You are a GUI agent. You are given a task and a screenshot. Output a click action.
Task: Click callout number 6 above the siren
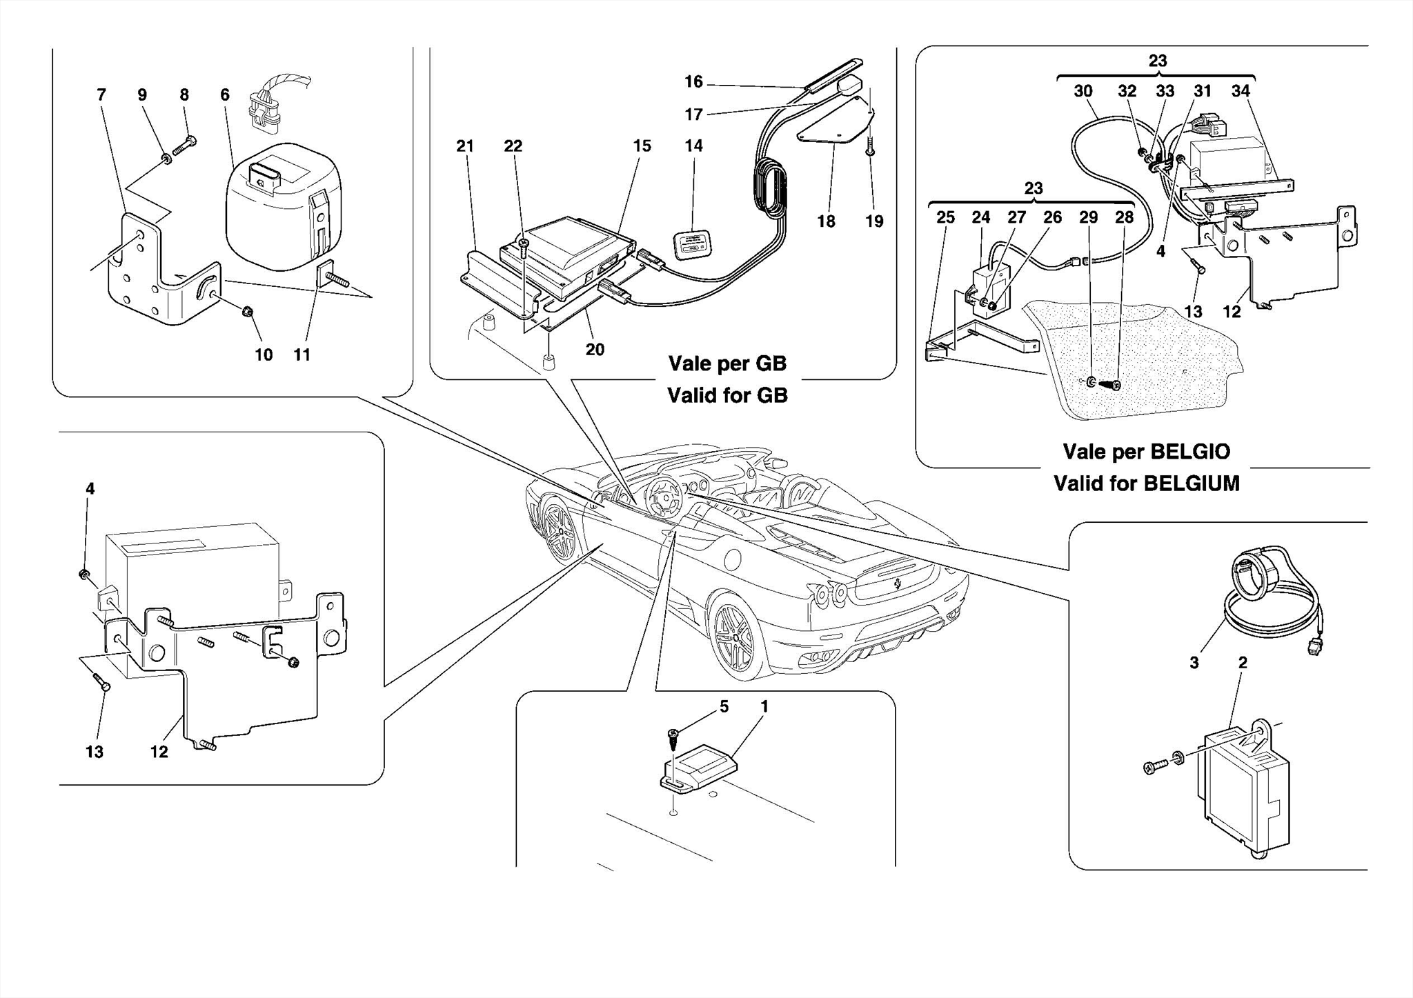[x=225, y=95]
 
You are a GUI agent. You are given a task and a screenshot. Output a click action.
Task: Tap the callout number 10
[x=264, y=355]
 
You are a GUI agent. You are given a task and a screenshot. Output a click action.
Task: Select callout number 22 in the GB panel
[x=513, y=146]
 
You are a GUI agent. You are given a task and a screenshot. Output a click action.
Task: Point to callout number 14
[x=693, y=146]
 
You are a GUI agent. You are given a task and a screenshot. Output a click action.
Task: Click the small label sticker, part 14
[x=692, y=245]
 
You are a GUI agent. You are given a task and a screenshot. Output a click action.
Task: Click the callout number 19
[x=874, y=221]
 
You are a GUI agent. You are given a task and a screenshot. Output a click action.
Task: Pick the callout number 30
[x=1083, y=91]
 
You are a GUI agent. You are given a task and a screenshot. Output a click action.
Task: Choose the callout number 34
[x=1241, y=91]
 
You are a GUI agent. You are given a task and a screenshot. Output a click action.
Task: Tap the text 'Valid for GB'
[x=727, y=395]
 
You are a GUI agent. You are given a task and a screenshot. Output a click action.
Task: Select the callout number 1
[x=764, y=706]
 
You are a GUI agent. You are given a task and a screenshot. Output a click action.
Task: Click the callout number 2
[x=1243, y=663]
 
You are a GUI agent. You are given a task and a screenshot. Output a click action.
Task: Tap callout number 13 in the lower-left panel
[x=95, y=752]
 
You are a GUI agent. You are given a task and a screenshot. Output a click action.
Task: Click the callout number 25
[x=945, y=217]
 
